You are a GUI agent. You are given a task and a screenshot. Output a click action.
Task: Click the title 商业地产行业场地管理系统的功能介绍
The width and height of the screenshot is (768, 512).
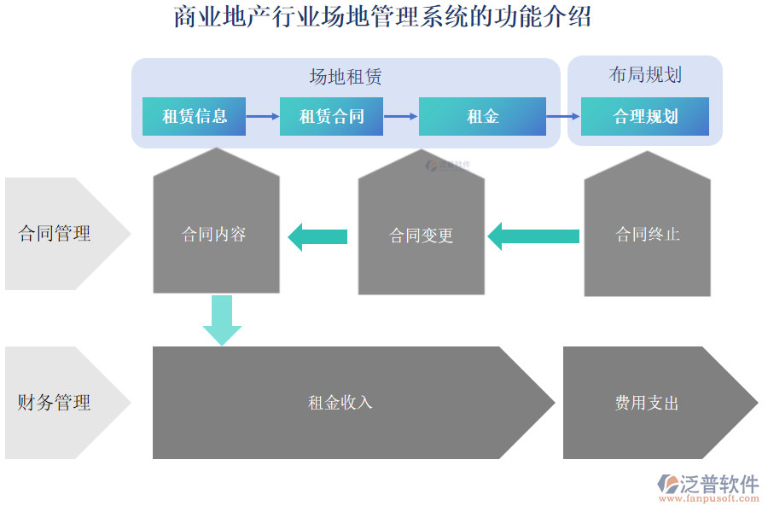pyautogui.click(x=382, y=17)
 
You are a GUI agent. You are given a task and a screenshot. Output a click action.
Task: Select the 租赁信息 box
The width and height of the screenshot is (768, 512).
pyautogui.click(x=194, y=117)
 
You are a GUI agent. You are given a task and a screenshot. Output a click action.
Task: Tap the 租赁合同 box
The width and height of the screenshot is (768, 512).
pyautogui.click(x=331, y=117)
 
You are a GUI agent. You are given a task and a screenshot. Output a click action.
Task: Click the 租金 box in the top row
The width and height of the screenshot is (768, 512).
pyautogui.click(x=482, y=117)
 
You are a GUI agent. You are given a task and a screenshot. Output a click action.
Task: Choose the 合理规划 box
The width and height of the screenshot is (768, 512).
pyautogui.click(x=645, y=117)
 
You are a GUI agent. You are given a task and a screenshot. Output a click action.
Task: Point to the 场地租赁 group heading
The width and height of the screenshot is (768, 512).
pyautogui.click(x=346, y=78)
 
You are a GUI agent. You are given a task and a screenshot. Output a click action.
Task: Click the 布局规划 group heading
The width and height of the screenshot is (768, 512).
pyautogui.click(x=645, y=75)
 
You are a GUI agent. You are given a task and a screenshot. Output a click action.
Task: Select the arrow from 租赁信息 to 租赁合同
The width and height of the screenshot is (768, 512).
pyautogui.click(x=263, y=116)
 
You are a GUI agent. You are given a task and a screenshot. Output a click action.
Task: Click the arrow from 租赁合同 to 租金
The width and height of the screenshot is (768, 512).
pyautogui.click(x=400, y=116)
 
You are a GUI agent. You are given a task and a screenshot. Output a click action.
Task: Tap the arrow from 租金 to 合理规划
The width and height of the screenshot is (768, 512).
pyautogui.click(x=563, y=116)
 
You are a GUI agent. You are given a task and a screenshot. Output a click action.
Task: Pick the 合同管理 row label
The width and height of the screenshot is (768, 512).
pyautogui.click(x=55, y=234)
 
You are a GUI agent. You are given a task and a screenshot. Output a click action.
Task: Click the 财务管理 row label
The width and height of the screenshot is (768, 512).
pyautogui.click(x=55, y=403)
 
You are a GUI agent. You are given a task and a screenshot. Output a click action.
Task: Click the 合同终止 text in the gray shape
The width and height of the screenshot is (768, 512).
pyautogui.click(x=648, y=235)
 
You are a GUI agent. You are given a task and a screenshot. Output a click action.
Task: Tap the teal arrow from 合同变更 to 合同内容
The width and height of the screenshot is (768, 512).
pyautogui.click(x=317, y=236)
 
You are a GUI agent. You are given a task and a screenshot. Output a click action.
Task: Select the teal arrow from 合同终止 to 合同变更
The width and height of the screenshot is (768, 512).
pyautogui.click(x=532, y=236)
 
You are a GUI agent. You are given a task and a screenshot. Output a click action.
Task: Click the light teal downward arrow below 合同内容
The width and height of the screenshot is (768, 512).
pyautogui.click(x=222, y=320)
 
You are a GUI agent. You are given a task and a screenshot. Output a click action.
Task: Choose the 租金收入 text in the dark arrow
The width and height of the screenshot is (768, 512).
pyautogui.click(x=340, y=403)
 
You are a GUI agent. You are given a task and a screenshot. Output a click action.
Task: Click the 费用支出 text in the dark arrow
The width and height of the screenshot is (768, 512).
pyautogui.click(x=647, y=403)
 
